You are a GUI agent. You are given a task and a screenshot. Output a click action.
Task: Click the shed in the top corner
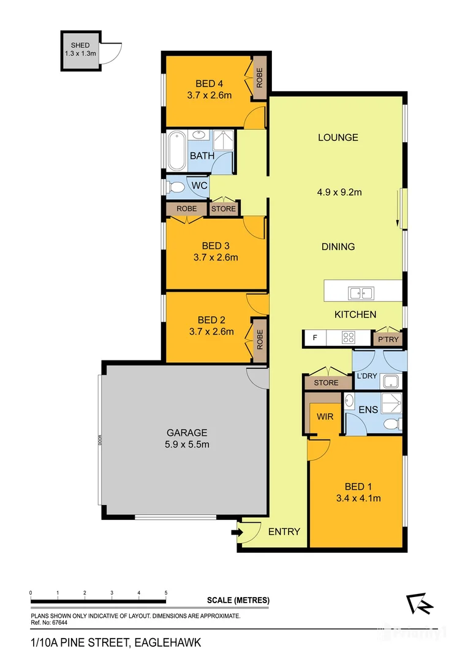pos(80,50)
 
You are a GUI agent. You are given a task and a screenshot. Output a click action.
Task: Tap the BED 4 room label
pos(205,83)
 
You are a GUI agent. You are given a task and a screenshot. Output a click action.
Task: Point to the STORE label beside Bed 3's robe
pos(223,209)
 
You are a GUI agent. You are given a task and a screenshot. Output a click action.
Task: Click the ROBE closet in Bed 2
pos(259,339)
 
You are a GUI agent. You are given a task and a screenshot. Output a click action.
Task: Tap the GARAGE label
pos(187,432)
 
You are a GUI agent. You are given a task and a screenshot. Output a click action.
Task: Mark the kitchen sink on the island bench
pos(361,293)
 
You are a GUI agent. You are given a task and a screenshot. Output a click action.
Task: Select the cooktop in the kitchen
pos(349,337)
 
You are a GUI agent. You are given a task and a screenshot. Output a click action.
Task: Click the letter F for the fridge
pos(315,337)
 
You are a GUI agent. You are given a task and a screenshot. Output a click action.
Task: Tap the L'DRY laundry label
pos(366,376)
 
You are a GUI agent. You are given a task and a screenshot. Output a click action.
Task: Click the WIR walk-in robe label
pos(324,417)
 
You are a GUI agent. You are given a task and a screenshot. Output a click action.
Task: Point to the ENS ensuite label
pos(368,409)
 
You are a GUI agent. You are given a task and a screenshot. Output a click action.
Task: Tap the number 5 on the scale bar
pos(166,593)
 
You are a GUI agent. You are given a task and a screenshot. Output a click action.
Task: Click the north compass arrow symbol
pos(420,604)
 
